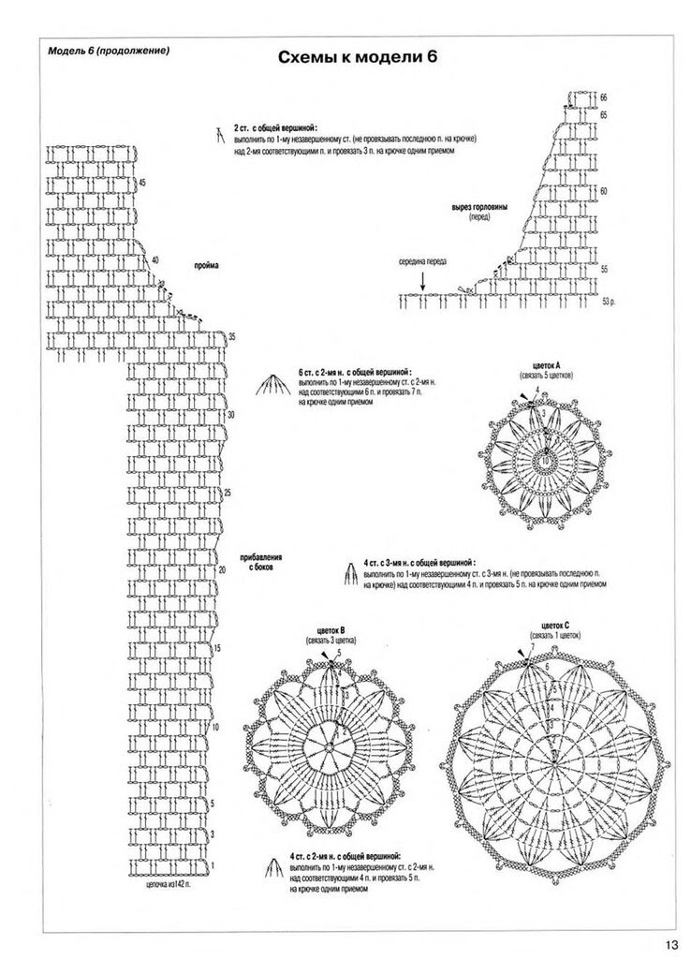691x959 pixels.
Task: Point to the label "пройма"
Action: coord(206,266)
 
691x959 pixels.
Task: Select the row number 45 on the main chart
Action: coord(141,182)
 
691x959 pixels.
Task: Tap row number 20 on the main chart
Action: coord(222,568)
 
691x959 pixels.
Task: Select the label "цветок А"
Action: coord(545,364)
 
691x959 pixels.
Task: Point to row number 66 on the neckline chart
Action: coord(604,97)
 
